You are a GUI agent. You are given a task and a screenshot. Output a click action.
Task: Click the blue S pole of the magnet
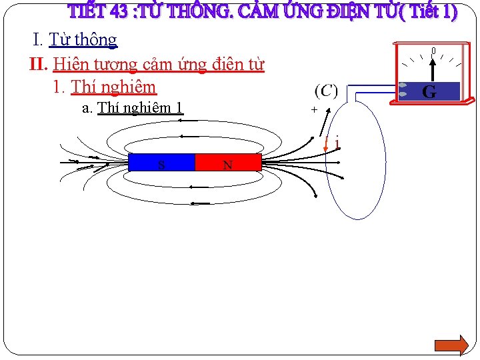(x=161, y=163)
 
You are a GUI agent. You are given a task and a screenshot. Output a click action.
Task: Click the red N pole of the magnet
(x=228, y=163)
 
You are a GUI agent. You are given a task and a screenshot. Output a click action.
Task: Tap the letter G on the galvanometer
(x=429, y=92)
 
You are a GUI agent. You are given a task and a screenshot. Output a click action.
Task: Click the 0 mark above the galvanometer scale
(x=433, y=51)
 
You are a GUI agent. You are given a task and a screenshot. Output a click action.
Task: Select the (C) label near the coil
(x=325, y=90)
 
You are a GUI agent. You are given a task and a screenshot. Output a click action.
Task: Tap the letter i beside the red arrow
(x=337, y=143)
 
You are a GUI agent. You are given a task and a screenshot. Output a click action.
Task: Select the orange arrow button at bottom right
(x=451, y=345)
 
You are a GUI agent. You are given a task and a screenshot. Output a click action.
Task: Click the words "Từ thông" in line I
(x=83, y=40)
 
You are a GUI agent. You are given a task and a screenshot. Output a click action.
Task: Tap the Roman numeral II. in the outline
(x=39, y=65)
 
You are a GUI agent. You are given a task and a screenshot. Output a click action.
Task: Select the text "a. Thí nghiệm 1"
(x=132, y=108)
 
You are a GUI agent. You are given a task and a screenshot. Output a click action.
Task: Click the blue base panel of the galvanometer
(x=413, y=91)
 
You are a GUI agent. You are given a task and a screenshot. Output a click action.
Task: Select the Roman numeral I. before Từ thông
(x=39, y=40)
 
